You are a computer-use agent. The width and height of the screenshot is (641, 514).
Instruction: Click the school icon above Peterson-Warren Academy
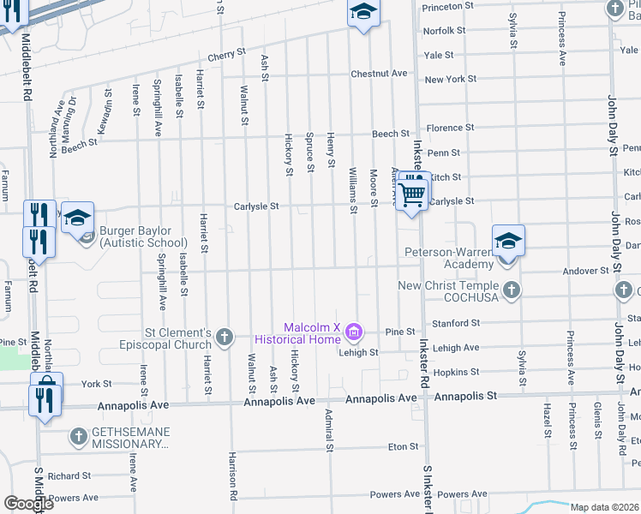[x=507, y=241]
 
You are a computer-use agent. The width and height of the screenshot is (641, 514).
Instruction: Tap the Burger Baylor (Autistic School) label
[x=135, y=236]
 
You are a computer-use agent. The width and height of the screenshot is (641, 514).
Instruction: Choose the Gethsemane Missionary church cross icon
[x=77, y=437]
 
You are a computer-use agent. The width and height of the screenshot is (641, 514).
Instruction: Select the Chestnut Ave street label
[x=378, y=74]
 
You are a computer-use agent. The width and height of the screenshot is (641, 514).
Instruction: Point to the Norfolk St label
[x=445, y=30]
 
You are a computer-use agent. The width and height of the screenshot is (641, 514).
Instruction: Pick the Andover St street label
[x=585, y=271]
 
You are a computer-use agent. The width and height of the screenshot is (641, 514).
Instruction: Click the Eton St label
[x=403, y=446]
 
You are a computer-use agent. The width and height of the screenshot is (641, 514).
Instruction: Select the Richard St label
[x=69, y=476]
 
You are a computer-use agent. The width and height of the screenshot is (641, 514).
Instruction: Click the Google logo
[x=28, y=504]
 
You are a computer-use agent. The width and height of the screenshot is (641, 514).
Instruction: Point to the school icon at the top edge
[x=362, y=12]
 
